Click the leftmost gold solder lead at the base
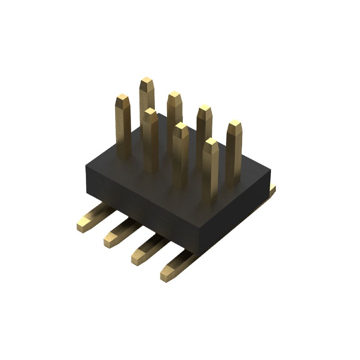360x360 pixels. click(x=94, y=216)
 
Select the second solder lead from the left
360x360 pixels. click(x=121, y=232)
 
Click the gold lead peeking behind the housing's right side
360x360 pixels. click(x=272, y=190)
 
